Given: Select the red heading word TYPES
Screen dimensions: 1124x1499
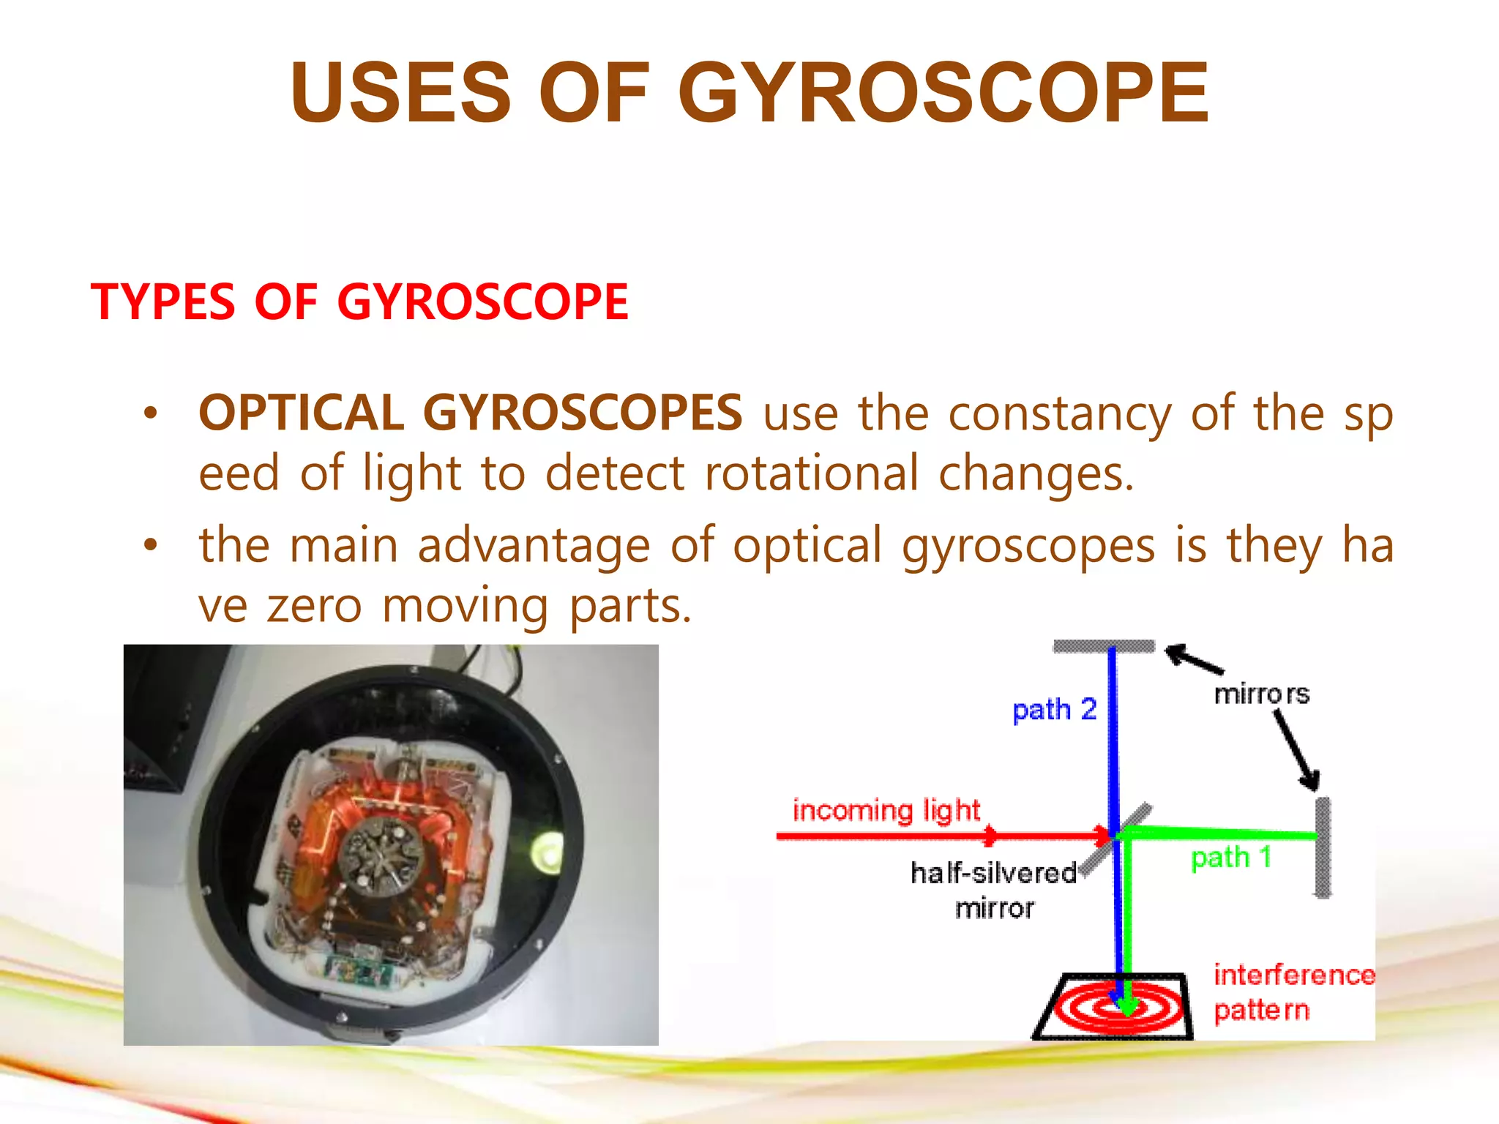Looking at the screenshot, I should pos(162,301).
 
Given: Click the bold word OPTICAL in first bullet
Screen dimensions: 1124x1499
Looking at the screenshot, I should pos(301,412).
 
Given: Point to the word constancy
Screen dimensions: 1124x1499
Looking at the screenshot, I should pos(1060,413).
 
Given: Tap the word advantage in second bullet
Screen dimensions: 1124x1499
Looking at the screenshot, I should pos(534,546).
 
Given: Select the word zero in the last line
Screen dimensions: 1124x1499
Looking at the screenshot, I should pos(314,606).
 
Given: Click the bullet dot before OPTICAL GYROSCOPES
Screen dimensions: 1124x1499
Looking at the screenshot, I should pos(151,413).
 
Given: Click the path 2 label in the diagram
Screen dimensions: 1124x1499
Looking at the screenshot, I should pos(1054,709).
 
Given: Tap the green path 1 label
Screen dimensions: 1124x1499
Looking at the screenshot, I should pos(1231,857).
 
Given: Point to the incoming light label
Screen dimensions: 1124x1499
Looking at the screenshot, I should pos(886,810).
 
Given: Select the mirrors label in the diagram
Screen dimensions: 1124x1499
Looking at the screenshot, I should pos(1261,694).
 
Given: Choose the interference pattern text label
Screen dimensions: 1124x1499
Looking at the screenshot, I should pos(1293,992).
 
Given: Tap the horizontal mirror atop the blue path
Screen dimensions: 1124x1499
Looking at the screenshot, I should pos(1103,646).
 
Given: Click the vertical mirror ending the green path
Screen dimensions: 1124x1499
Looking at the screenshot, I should pos(1323,847).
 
